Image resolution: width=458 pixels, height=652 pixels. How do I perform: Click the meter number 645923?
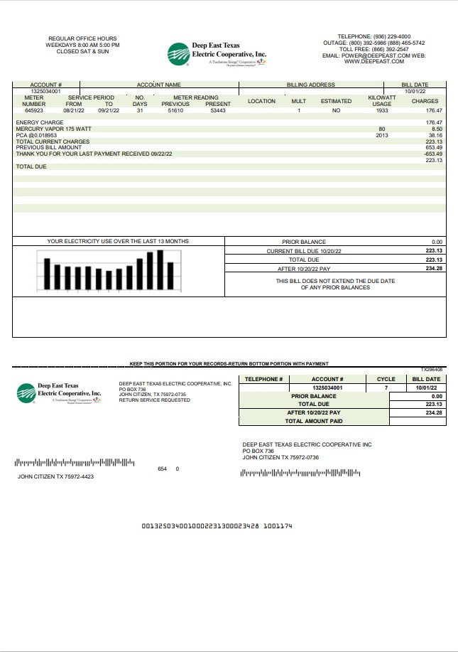(34, 111)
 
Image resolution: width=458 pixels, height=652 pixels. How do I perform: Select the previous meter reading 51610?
(175, 111)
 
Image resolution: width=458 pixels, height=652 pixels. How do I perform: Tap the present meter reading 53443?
(218, 111)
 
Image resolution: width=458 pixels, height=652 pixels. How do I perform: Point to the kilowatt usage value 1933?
(381, 111)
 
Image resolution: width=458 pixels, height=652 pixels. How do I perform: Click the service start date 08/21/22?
(74, 111)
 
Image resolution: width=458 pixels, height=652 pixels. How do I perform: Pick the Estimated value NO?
(336, 111)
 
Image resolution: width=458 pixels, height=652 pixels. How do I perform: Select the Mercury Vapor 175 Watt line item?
(54, 129)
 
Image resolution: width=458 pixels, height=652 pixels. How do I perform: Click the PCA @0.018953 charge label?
(36, 135)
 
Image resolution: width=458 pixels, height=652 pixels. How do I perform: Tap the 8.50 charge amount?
(436, 129)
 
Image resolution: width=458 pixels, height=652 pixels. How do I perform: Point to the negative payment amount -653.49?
(433, 154)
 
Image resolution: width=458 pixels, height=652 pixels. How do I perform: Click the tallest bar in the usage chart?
(160, 270)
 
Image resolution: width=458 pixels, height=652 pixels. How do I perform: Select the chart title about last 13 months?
(118, 242)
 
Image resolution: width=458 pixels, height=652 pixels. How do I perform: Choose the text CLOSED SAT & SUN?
(82, 51)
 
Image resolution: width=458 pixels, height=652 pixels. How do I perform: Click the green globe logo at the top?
(178, 53)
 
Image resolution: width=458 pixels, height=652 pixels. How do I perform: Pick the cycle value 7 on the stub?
(386, 388)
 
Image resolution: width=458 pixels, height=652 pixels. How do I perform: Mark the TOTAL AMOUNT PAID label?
(314, 421)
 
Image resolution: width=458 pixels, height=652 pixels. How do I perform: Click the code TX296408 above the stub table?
(431, 370)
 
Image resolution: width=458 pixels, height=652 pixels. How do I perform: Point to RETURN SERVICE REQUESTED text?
(154, 400)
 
